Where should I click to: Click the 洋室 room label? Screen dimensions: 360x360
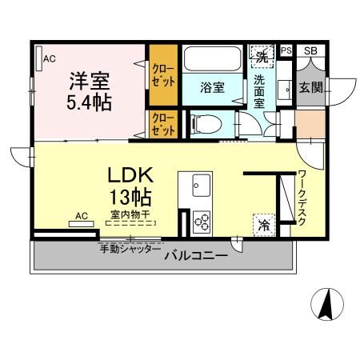90,82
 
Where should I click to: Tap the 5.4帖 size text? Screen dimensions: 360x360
88,102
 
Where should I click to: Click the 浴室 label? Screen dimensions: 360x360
212,87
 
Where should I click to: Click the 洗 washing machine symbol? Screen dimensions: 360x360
261,56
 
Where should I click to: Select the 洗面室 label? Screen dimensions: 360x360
261,91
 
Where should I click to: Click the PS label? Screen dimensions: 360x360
286,51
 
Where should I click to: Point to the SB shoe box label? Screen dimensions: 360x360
310,51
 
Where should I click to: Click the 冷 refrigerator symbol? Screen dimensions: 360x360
263,226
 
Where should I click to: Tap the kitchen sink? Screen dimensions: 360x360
198,187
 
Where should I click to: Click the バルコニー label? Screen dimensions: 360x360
196,255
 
